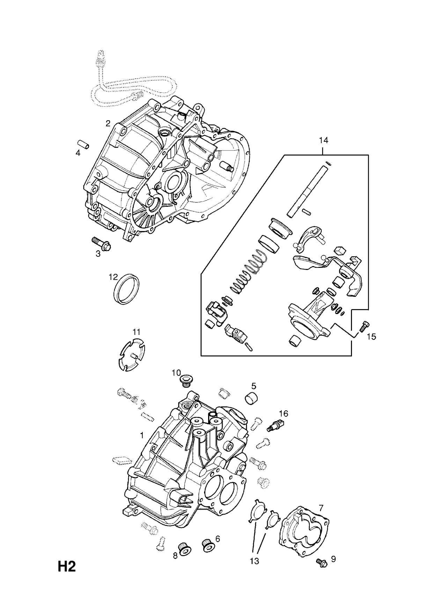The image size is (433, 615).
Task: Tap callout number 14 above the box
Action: click(x=323, y=140)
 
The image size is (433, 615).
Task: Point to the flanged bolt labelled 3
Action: click(x=101, y=243)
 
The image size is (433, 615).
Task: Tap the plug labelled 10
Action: click(x=186, y=381)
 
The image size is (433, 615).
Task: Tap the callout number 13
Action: click(x=254, y=571)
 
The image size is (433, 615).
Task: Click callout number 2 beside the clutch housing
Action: click(x=108, y=123)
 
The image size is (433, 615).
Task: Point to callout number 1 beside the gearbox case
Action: click(x=142, y=435)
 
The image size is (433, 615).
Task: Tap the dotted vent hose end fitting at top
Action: click(x=101, y=58)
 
